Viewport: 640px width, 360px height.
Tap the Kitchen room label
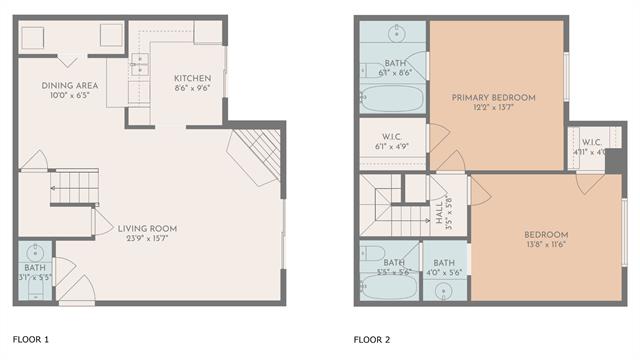(x=192, y=79)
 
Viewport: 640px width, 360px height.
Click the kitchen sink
(x=140, y=66)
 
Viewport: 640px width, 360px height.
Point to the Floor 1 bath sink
(x=34, y=250)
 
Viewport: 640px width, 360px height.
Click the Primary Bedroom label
(x=493, y=97)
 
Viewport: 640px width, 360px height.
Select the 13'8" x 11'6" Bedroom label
(x=546, y=235)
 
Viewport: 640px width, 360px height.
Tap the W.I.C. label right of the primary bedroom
(x=590, y=141)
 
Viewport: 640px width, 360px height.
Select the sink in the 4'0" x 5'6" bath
(x=444, y=291)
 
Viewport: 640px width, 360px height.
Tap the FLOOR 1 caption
(x=31, y=339)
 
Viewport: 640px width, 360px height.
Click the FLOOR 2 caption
(x=372, y=339)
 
